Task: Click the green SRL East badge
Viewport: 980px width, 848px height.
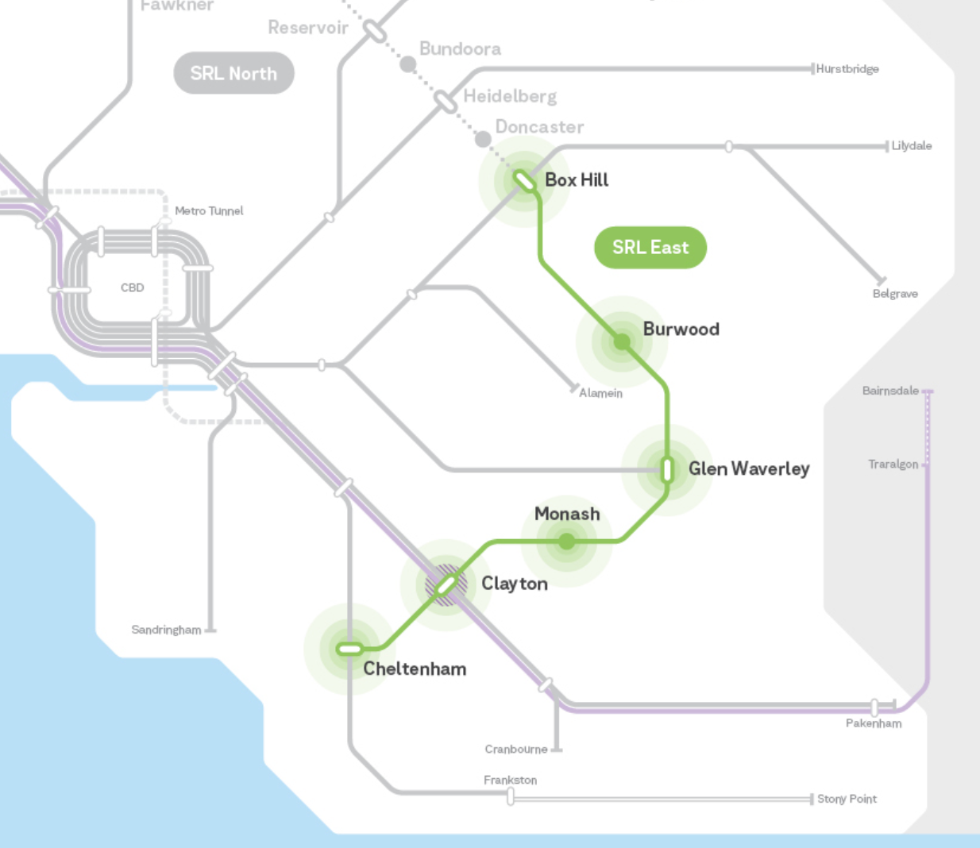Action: coord(650,247)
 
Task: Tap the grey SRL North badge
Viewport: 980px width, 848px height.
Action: coord(233,73)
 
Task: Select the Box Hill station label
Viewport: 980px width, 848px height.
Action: coord(577,180)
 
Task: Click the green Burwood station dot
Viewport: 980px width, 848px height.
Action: coord(622,341)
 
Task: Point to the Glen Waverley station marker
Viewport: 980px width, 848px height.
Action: coord(667,469)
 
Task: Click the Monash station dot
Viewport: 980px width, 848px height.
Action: coord(567,542)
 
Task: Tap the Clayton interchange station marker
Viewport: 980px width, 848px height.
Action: coord(446,586)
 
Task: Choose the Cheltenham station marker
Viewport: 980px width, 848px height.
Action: coord(349,649)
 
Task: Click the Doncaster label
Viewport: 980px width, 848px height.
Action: coord(539,127)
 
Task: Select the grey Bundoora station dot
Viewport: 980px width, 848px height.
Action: coord(408,64)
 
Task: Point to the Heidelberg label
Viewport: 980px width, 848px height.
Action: coord(510,97)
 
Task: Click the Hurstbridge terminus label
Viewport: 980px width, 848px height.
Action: coord(847,69)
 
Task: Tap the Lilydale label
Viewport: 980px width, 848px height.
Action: coord(912,146)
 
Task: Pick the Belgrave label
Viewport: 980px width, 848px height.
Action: coord(895,294)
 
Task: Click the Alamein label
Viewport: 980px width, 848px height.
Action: coord(601,393)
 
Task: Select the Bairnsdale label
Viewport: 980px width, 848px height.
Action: coord(890,391)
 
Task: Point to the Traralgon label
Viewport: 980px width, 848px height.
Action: coord(893,464)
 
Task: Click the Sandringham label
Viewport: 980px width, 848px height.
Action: coord(166,630)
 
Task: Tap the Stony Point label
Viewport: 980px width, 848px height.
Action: coord(847,799)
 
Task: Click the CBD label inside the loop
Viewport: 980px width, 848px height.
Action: coord(133,287)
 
